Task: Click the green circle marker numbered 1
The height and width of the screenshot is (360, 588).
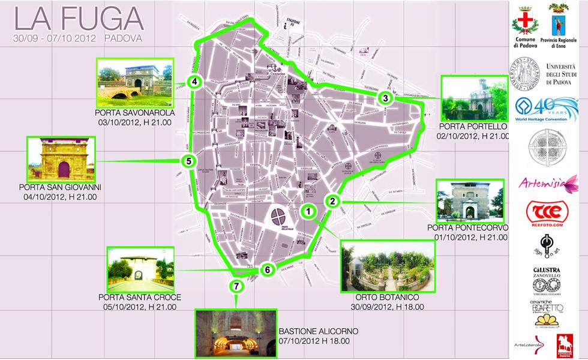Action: [308, 211]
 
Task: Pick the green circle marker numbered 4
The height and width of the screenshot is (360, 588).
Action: [194, 82]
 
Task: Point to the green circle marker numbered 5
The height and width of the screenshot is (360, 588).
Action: [188, 161]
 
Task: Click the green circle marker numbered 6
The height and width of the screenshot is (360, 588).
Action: [267, 270]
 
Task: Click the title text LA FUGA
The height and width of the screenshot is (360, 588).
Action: [79, 19]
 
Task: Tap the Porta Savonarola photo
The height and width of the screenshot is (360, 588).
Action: [134, 83]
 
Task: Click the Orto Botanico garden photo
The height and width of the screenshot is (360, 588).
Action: [386, 266]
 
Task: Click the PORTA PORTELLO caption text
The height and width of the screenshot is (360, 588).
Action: [473, 127]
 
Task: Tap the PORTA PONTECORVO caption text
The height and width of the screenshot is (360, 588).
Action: [467, 228]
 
